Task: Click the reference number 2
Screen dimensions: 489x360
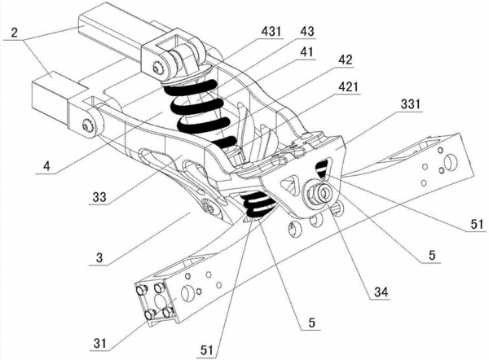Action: [x=15, y=33]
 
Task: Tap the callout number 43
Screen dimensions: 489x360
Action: [x=307, y=32]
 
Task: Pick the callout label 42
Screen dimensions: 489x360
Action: [x=345, y=59]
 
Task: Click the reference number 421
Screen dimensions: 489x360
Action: [x=348, y=87]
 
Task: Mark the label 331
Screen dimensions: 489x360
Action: [x=411, y=104]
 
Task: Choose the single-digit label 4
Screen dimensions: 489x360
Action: [x=46, y=166]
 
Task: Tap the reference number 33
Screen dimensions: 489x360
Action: [x=99, y=197]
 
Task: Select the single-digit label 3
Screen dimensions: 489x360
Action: [x=99, y=258]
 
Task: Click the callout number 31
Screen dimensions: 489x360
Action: [x=99, y=344]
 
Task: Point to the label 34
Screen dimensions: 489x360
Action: [x=381, y=292]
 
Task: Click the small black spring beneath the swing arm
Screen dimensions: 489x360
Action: [x=258, y=204]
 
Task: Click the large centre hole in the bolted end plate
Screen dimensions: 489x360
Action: [x=160, y=301]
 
